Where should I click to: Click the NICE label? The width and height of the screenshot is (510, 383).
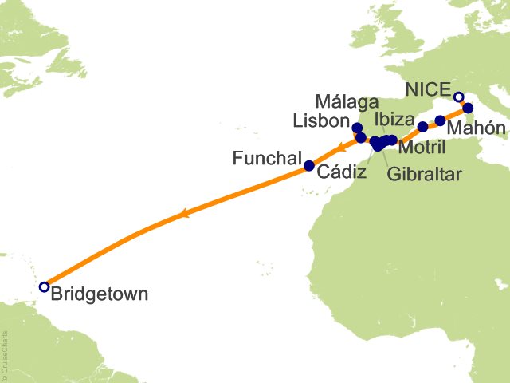[429, 89]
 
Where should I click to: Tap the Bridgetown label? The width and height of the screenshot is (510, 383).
[99, 294]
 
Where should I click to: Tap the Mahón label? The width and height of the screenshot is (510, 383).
[476, 128]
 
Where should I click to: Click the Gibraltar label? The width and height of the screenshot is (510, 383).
[424, 175]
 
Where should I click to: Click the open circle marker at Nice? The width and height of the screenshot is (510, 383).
[458, 97]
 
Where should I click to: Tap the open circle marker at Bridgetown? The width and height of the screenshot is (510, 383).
[44, 286]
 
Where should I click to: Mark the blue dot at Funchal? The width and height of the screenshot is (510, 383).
[309, 166]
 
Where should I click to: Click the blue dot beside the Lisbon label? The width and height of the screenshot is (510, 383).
[356, 128]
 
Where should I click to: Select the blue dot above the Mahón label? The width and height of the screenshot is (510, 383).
[440, 120]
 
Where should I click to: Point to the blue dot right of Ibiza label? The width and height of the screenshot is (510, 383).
[423, 127]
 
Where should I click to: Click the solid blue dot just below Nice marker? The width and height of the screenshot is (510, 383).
[468, 108]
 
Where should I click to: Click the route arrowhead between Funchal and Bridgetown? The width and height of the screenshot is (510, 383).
[184, 213]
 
